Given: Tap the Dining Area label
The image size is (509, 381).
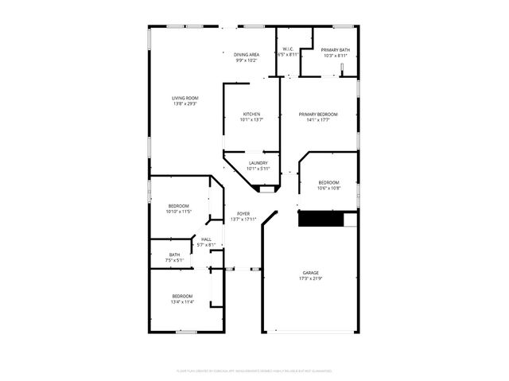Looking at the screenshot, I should point(247,54).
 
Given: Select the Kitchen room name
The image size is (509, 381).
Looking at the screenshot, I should point(251,115).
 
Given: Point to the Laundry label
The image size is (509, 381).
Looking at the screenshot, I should point(258,163).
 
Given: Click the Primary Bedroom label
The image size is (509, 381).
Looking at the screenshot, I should point(318,115).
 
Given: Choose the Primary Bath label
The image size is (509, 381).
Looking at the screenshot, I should point(335,50).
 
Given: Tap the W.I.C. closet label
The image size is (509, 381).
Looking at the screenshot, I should point(289,50).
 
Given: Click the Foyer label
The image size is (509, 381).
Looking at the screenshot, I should point(243,214).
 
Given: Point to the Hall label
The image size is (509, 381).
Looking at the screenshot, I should point(207,239).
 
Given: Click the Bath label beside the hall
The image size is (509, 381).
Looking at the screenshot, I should point(174,255).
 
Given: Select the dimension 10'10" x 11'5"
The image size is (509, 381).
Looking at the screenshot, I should point(178,212).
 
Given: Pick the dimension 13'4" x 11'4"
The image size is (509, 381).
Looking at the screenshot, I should point(182,302).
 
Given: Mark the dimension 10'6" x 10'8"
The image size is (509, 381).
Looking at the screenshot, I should point(328,189).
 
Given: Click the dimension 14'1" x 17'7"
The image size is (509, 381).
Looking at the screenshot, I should point(318,120).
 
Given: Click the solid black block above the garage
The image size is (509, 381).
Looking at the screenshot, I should point(320,220).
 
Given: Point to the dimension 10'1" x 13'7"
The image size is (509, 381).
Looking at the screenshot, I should point(251,120).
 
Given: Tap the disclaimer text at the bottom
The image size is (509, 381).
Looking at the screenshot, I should point(254,371).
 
